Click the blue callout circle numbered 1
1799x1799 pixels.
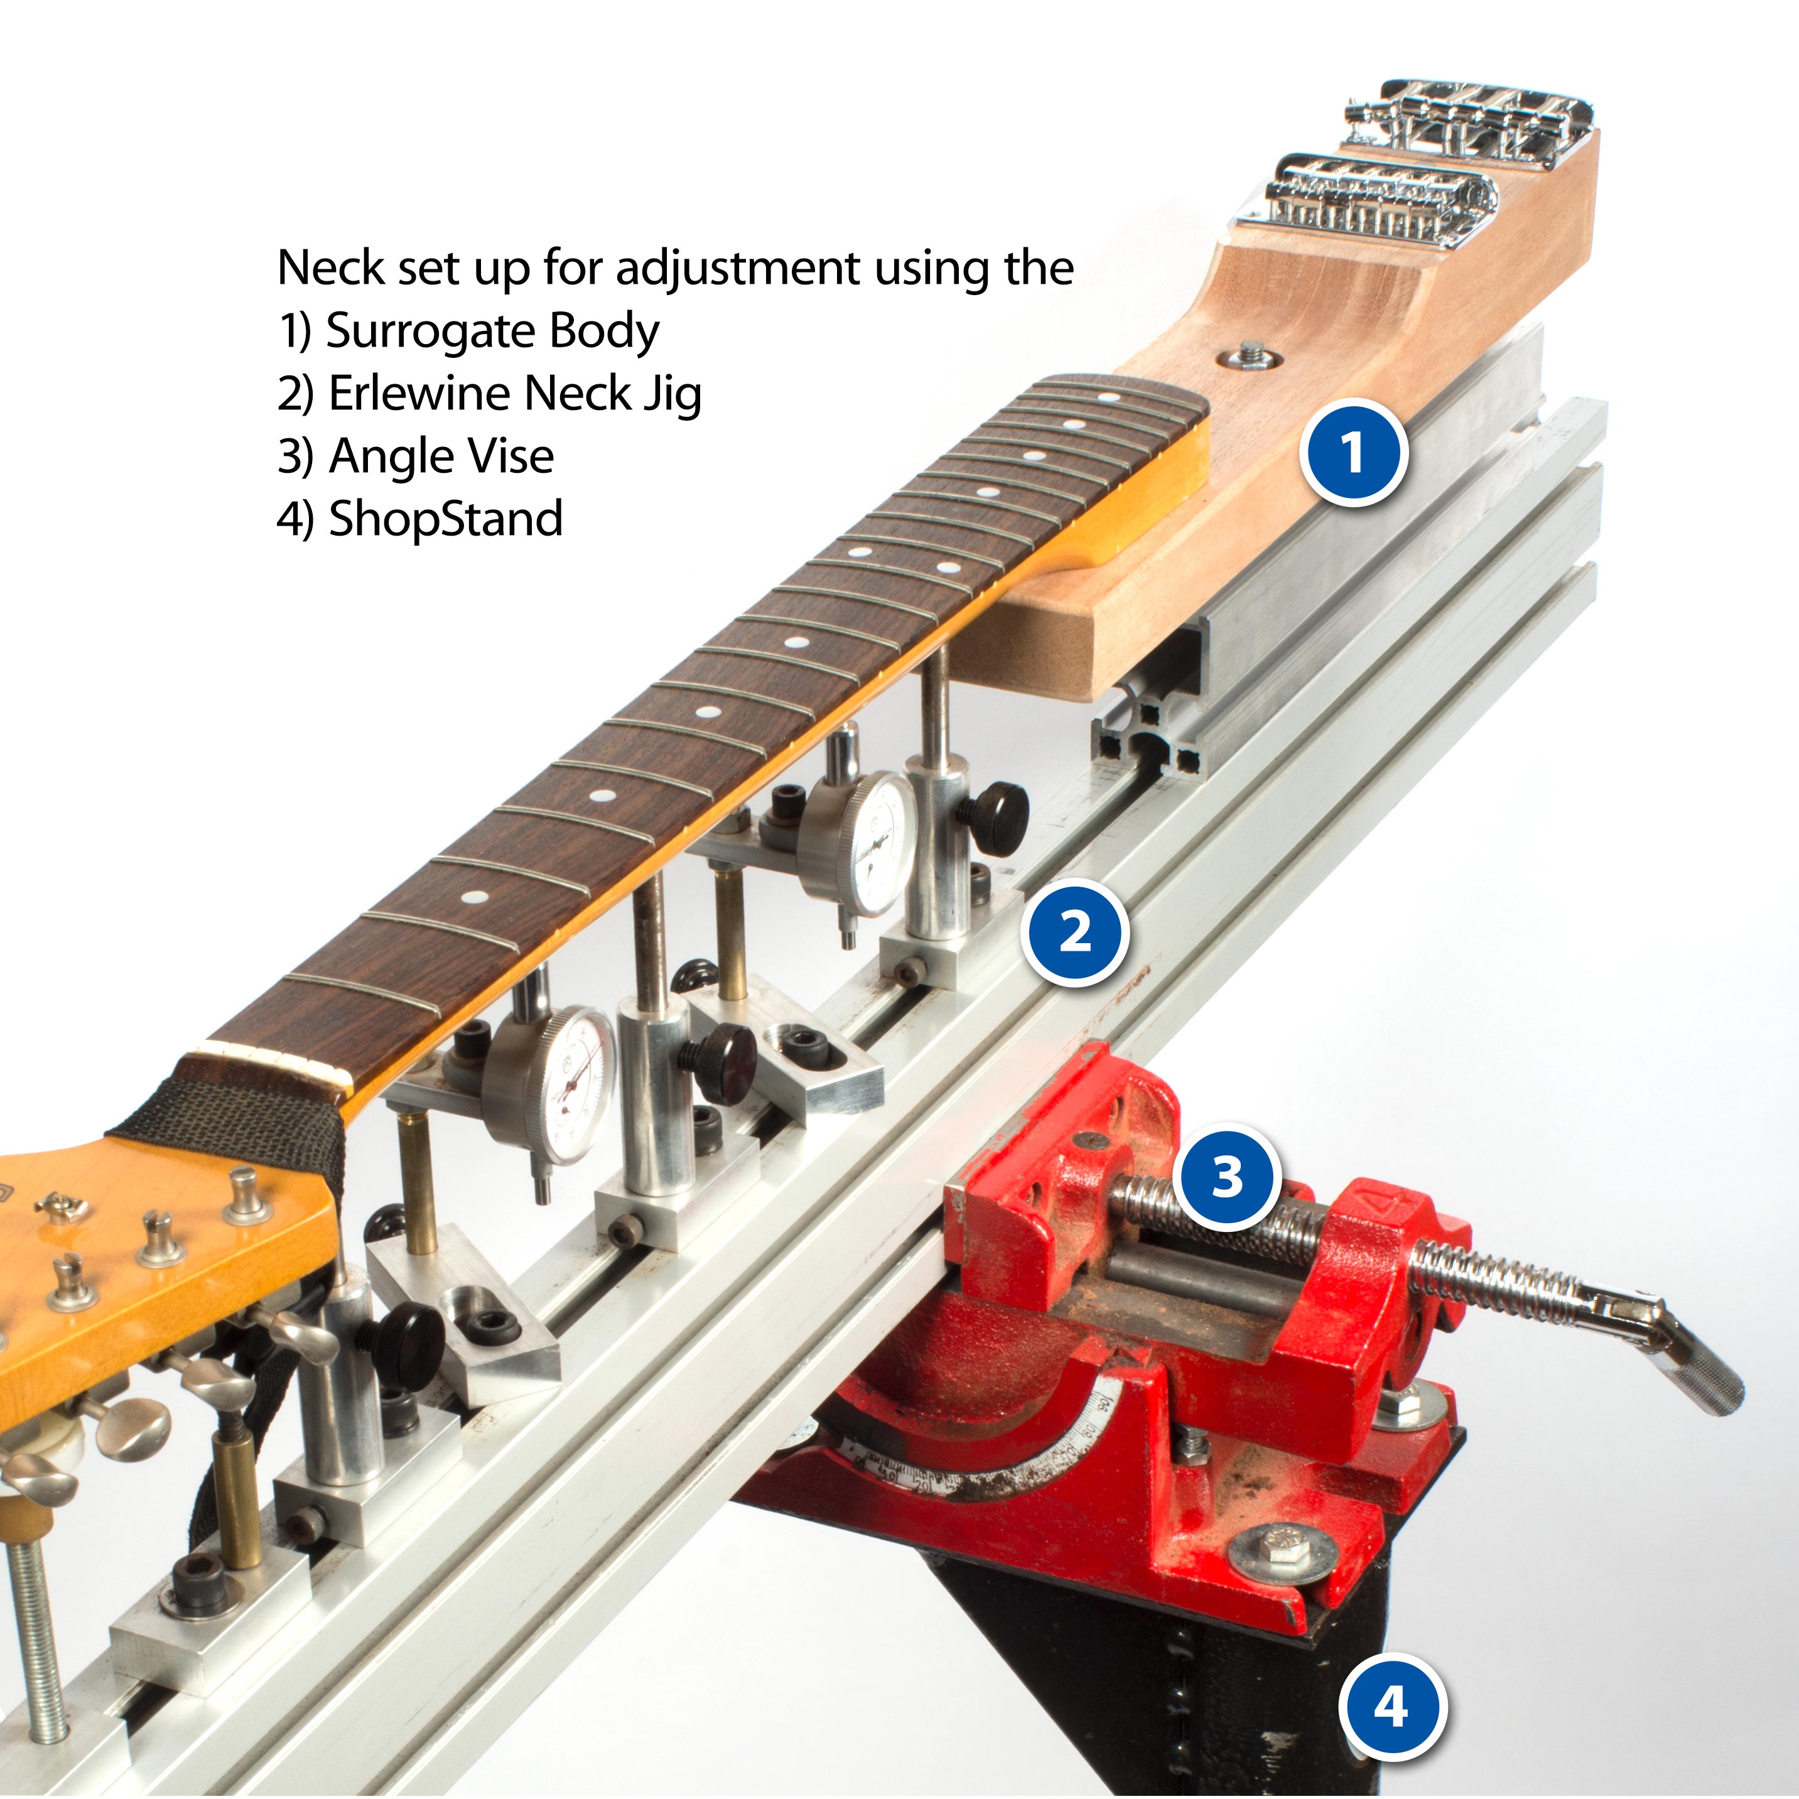tap(1353, 453)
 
